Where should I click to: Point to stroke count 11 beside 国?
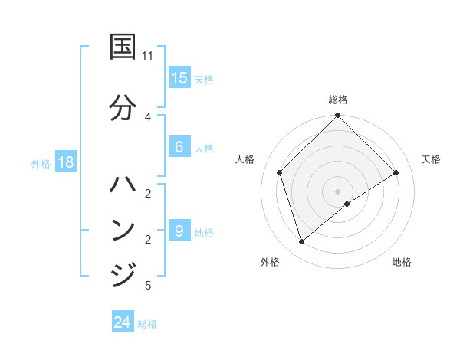click(x=148, y=56)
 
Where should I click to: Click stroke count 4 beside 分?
click(x=148, y=116)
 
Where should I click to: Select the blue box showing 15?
click(x=179, y=78)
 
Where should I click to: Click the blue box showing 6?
click(x=179, y=147)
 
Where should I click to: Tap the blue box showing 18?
click(x=65, y=162)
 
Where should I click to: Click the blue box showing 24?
click(x=123, y=322)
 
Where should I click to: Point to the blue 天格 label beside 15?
click(x=203, y=80)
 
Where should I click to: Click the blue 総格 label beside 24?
click(x=147, y=324)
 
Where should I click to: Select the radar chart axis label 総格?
click(x=338, y=100)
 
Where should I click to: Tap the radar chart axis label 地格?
click(x=402, y=262)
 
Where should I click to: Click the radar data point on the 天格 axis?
click(x=396, y=173)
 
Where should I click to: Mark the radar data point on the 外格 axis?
click(x=302, y=242)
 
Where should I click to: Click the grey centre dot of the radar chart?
click(x=338, y=191)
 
